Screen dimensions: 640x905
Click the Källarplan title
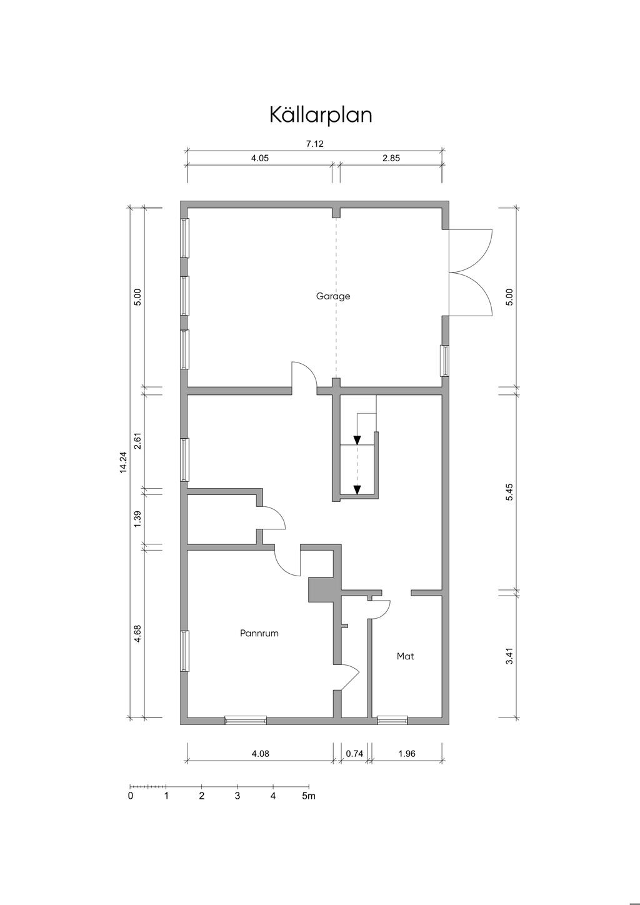[x=321, y=115]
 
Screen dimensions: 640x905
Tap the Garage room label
[x=333, y=296]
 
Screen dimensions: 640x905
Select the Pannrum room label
[x=259, y=633]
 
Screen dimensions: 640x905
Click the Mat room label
[x=405, y=656]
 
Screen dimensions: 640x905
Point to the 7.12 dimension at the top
[x=315, y=144]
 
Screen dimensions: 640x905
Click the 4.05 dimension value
[x=260, y=158]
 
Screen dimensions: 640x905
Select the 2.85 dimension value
[x=391, y=158]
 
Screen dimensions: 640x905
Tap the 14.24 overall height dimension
[x=123, y=462]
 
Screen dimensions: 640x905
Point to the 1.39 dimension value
[x=138, y=519]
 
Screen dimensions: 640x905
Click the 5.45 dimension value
[x=510, y=492]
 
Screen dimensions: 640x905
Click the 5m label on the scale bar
[x=309, y=796]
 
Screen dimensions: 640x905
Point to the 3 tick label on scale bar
[x=237, y=796]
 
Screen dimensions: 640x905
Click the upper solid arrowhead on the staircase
[x=357, y=440]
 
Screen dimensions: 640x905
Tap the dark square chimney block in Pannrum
[x=321, y=589]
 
